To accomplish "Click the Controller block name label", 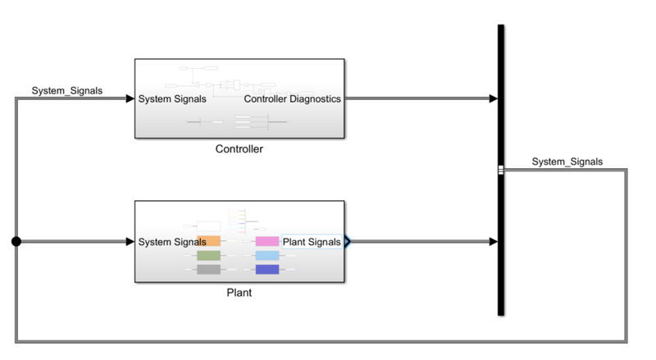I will pos(239,149).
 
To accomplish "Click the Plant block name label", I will pos(239,291).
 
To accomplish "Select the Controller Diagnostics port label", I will pos(292,99).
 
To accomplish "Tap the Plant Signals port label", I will pos(312,242).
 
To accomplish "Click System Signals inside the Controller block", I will pos(172,99).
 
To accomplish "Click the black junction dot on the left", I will pos(16,242).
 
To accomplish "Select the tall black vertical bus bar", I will pos(500,205).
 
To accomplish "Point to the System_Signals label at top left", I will pos(67,90).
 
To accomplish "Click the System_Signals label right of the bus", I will pos(567,162).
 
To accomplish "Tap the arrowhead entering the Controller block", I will pos(130,99).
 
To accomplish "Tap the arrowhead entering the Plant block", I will pos(130,242).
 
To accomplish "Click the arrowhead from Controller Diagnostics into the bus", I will pos(492,99).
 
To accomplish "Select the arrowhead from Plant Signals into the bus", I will pos(492,242).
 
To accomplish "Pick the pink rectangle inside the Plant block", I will pos(267,242).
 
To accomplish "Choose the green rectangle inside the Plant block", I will pos(208,256).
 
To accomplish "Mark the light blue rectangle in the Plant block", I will pos(267,256).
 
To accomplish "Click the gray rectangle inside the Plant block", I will pos(208,270).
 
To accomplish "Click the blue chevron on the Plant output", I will pos(348,242).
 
